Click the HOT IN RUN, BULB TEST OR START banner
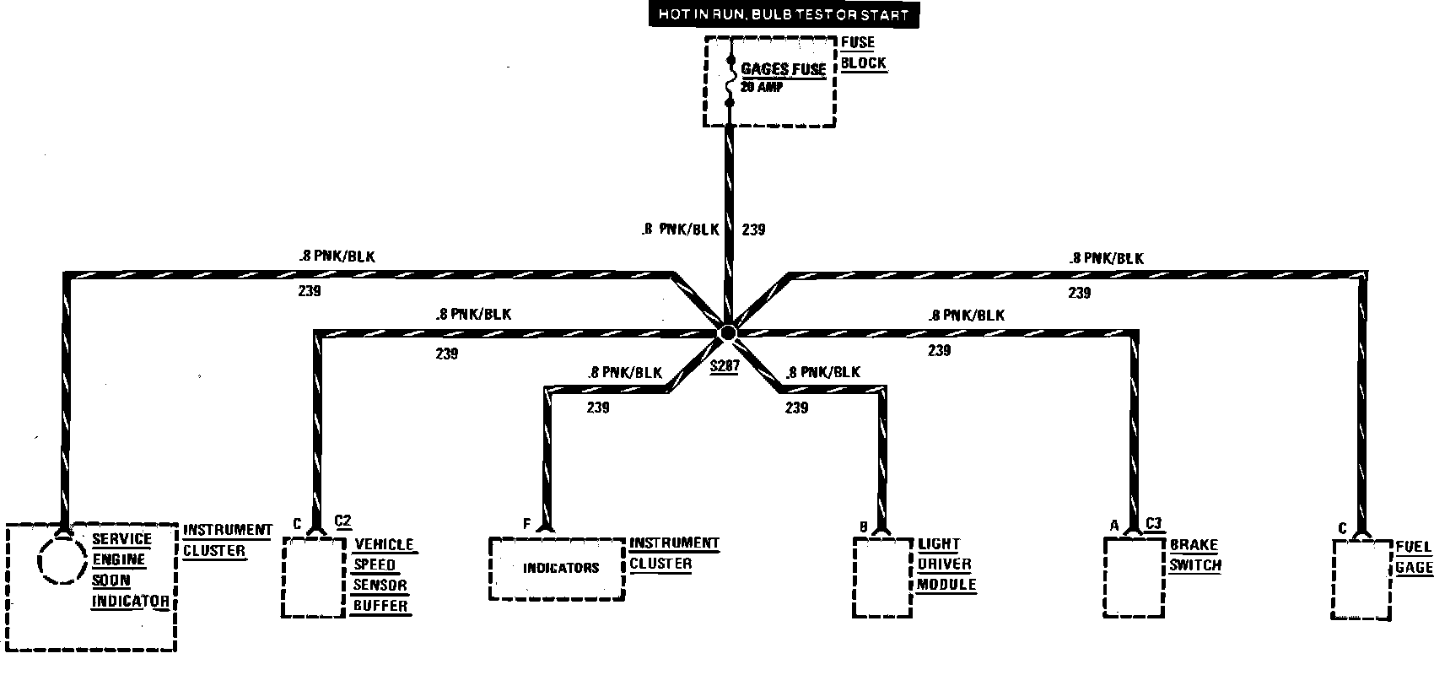click(779, 15)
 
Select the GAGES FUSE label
click(783, 69)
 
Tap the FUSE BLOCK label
click(863, 52)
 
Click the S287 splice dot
click(727, 333)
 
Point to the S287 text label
click(724, 367)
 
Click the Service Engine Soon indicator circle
click(62, 558)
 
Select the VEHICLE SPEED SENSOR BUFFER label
click(382, 575)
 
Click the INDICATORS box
click(558, 568)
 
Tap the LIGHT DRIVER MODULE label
click(945, 564)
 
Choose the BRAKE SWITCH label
click(1194, 554)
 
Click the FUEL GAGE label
click(1414, 557)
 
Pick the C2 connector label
click(342, 521)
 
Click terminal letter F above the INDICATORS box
click(526, 524)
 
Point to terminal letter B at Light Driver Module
click(863, 527)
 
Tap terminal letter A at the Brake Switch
click(1114, 525)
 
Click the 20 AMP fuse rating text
click(762, 87)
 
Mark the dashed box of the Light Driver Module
click(882, 578)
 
